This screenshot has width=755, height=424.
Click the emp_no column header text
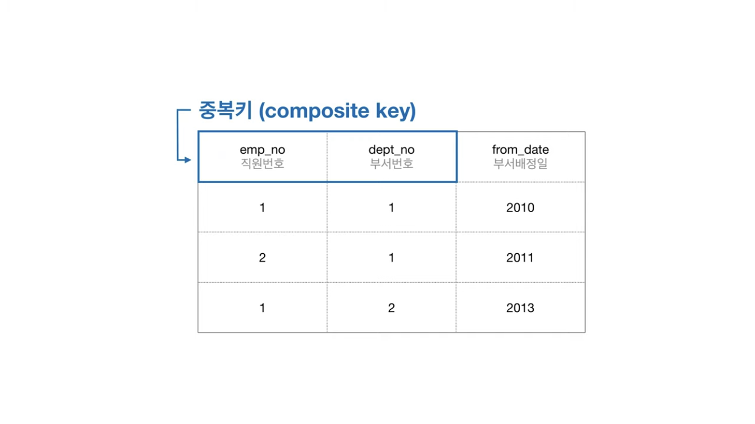262,150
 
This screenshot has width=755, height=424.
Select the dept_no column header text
391,150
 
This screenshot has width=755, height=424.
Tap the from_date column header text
520,149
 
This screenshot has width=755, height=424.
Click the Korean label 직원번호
262,164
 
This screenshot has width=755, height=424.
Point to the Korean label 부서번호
391,164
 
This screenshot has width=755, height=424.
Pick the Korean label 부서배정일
520,164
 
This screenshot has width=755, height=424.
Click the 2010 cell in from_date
520,207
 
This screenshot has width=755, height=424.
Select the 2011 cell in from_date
520,258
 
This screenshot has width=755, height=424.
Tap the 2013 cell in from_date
520,308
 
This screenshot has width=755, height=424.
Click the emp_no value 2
262,258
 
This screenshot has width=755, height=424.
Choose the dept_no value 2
391,308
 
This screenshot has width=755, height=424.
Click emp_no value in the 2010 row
262,207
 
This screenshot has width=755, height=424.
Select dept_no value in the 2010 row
391,207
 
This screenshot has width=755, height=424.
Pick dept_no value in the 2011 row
391,258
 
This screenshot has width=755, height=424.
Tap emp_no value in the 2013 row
262,308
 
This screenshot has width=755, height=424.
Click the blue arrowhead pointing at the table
188,159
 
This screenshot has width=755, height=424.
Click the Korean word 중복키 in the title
225,110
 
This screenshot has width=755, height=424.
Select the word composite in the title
317,111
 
